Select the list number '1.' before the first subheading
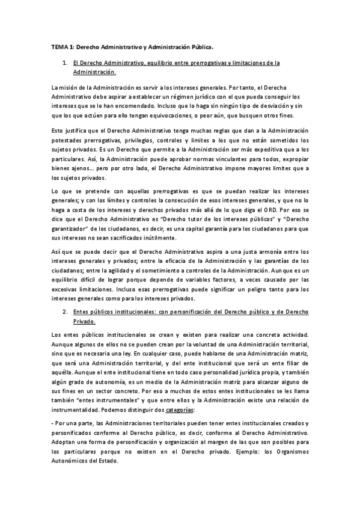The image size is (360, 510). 64,63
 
